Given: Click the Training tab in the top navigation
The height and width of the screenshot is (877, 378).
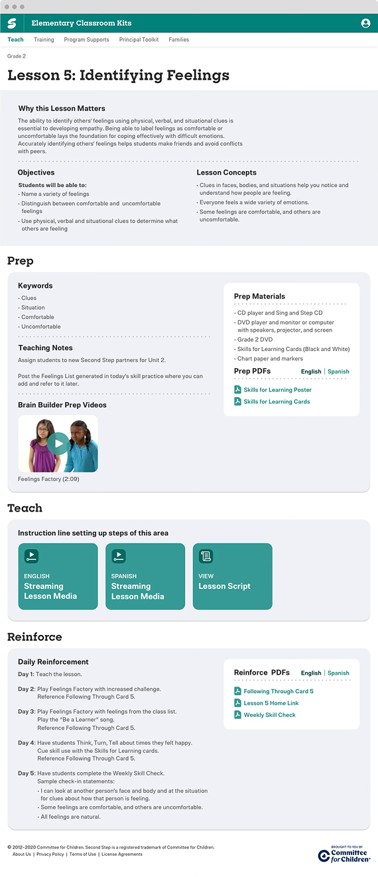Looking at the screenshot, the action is pos(44,40).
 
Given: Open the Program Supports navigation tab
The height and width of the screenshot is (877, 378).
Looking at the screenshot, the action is pos(86,40).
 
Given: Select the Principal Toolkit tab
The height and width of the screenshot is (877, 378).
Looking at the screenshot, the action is pos(139,40).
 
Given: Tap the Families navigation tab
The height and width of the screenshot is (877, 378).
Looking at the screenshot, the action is pos(179,40).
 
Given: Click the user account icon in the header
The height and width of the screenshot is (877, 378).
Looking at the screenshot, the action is pos(365,23).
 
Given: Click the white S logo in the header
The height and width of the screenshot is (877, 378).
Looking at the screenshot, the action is pos(12,23).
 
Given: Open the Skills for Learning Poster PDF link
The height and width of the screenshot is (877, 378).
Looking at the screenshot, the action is pos(277,389).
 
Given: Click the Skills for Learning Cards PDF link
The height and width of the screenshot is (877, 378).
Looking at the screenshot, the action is pos(277,401).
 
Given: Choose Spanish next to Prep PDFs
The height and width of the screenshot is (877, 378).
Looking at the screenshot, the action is pos(338,371).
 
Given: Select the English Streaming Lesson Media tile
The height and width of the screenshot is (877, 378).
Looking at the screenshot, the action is pos(58,576).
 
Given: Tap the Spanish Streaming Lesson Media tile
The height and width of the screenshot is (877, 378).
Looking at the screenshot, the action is pos(145,576).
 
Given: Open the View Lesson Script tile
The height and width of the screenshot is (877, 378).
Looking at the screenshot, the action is pos(232,576).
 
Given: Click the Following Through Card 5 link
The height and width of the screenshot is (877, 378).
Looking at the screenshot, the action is pos(279,691).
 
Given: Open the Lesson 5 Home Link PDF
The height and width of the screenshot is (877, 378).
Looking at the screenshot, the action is pos(271,703).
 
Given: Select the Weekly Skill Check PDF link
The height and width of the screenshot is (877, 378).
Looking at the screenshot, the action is pos(269,714).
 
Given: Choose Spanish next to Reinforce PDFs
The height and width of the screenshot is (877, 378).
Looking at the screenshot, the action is pos(338,673).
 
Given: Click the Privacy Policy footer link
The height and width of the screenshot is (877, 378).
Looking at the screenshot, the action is pos(50,854).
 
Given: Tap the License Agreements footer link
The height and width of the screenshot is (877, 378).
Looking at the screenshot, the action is pos(122,854).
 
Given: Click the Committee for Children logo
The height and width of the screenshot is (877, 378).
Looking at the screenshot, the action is pos(344,854).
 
